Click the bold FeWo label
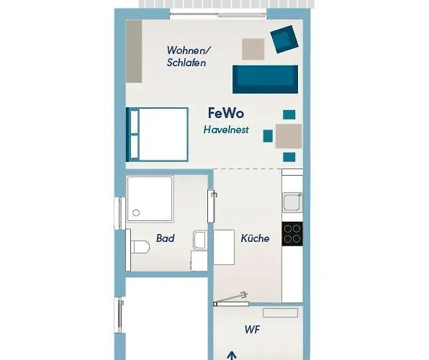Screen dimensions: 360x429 point(226,114)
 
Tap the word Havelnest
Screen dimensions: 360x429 point(226,130)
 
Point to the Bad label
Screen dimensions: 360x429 point(166,238)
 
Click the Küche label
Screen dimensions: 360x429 point(255,238)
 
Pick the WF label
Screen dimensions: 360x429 point(252,330)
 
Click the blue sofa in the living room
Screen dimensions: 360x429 point(265,78)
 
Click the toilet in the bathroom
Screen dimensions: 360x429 point(138,247)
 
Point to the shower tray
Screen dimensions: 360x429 point(150,199)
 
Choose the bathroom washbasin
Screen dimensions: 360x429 point(199,240)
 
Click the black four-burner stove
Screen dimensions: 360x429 point(292,233)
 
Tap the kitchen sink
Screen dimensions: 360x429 point(292,202)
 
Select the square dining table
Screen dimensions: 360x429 point(289,135)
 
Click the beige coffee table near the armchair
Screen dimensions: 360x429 point(254,48)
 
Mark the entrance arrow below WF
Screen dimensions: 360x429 point(232,355)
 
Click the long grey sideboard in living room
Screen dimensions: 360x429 point(135,50)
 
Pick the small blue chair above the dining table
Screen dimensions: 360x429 point(289,114)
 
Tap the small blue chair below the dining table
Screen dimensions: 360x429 point(289,157)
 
